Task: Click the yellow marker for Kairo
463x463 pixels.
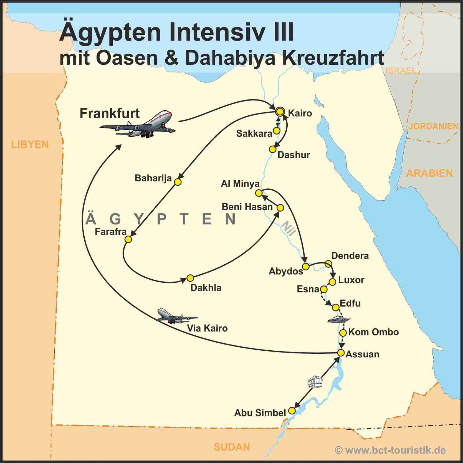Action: pos(280,112)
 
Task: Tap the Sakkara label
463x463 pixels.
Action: pos(254,134)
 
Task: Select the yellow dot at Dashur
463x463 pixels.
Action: pos(273,149)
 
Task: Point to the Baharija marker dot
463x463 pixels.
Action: pos(178,182)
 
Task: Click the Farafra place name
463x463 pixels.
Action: pos(111,232)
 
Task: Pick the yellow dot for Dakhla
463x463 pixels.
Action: pos(190,278)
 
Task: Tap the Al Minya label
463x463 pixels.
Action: pos(240,184)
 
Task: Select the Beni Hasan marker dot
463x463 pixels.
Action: pos(280,208)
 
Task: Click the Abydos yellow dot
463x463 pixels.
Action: pos(305,267)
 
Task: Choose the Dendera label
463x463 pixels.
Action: pos(350,256)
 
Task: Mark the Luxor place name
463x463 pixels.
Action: pos(351,280)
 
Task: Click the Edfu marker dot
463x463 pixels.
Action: pos(336,307)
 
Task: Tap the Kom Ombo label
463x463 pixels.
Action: pos(373,332)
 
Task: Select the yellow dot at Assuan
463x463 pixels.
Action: pos(341,353)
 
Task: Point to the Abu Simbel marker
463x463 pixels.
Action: pos(292,411)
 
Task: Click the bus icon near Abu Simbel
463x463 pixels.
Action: pos(315,381)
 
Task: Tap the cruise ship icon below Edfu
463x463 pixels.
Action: pos(339,320)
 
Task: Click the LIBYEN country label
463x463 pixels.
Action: pos(30,145)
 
